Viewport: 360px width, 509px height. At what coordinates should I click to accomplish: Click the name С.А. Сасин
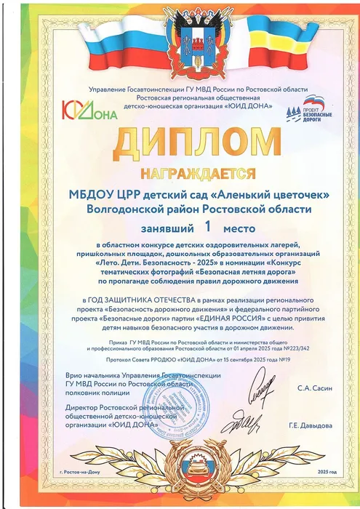[314, 390]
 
